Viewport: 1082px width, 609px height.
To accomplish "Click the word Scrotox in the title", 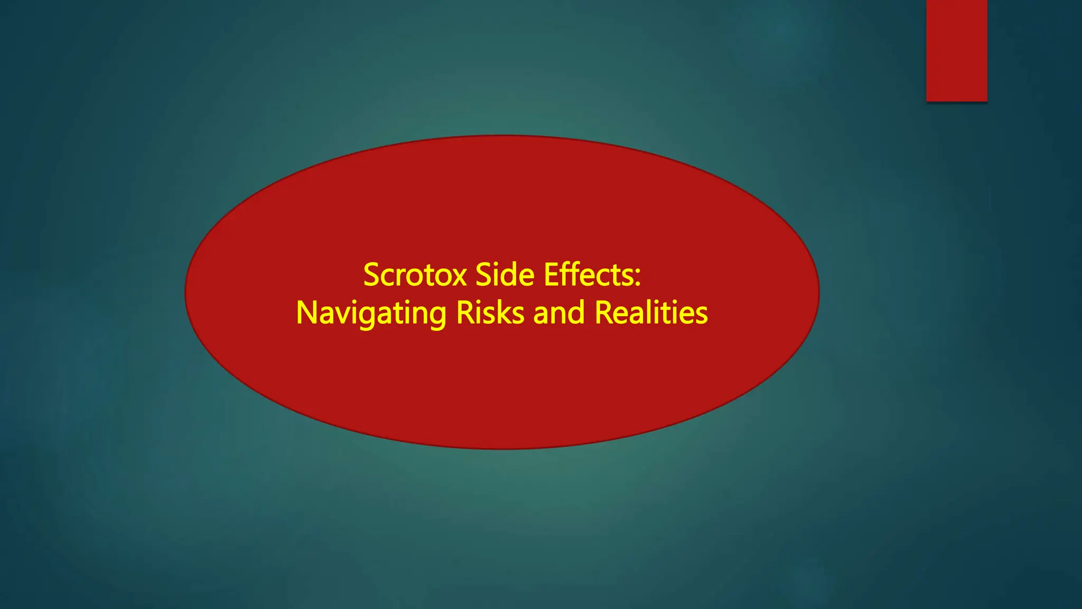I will coord(415,275).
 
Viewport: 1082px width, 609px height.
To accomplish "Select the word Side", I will coord(505,275).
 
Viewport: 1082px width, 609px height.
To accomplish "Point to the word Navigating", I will coord(371,313).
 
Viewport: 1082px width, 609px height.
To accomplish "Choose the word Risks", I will coord(490,312).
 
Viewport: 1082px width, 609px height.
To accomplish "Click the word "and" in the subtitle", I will coord(559,312).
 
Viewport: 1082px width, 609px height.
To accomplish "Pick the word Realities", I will coord(651,312).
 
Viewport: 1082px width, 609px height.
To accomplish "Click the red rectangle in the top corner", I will coord(956,50).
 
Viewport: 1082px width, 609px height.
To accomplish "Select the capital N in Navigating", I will coord(306,312).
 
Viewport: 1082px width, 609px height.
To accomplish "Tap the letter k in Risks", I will coord(505,312).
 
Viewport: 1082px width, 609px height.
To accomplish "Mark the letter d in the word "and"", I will coord(577,312).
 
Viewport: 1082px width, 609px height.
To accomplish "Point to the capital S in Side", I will coord(483,275).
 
